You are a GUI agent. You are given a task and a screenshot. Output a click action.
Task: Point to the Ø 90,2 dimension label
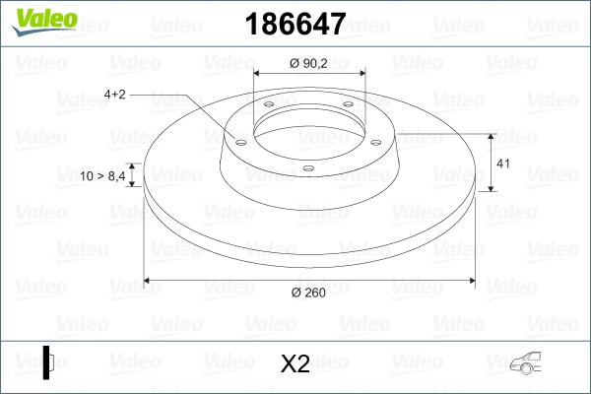pos(310,64)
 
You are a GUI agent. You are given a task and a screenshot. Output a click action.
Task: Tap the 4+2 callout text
pos(116,95)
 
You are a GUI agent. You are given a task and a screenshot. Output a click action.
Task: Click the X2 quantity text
pos(295,364)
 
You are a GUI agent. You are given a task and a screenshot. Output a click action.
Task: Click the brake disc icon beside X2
pos(48,362)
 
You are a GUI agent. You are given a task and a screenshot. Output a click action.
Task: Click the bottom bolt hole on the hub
pos(308,168)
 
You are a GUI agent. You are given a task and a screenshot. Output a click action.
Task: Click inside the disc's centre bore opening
pos(308,128)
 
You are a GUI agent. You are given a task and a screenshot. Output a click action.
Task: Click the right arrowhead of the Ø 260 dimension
pos(471,283)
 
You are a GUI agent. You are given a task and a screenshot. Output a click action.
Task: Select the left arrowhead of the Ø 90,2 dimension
pos(258,74)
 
